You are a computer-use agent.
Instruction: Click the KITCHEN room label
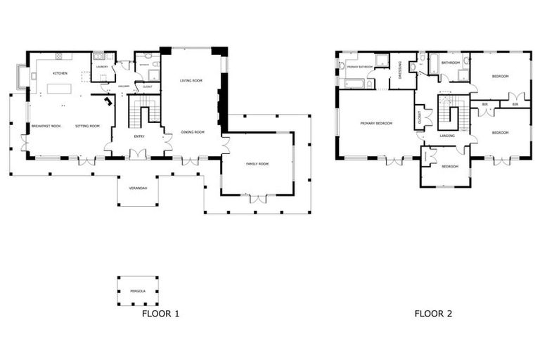point(59,73)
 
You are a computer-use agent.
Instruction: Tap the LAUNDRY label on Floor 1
point(102,67)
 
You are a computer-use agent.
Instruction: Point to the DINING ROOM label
point(193,132)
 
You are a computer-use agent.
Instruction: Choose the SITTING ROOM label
point(88,126)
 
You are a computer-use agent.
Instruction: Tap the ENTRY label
point(139,136)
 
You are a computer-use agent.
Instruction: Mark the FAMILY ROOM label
point(257,164)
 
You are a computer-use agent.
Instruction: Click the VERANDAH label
point(137,188)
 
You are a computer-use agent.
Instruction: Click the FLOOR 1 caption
point(160,314)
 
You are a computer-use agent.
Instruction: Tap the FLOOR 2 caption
point(432,314)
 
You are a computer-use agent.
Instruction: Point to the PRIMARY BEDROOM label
point(375,124)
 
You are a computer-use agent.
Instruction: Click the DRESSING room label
point(401,70)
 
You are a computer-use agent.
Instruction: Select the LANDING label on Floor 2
point(446,135)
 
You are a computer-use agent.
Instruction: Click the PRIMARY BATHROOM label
point(359,67)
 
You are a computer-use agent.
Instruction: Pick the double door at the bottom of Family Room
point(258,200)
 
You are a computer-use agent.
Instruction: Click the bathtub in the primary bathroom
point(354,84)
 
